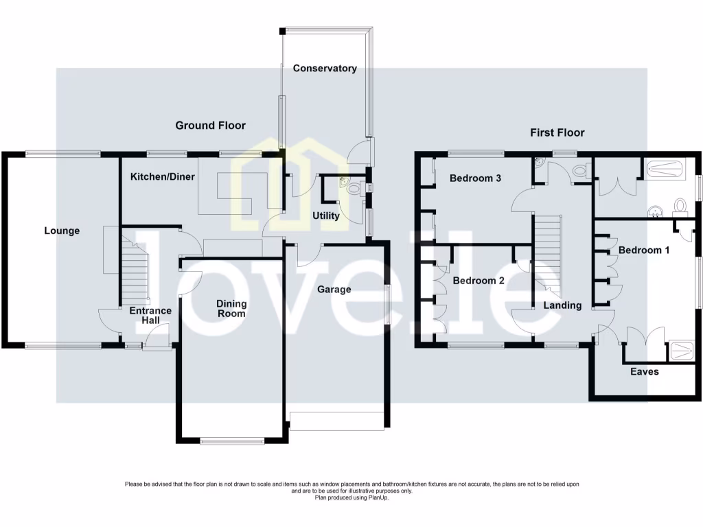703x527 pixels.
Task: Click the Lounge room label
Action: (x=62, y=231)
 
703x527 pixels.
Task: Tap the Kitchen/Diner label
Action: (x=163, y=176)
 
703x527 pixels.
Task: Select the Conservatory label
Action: (x=325, y=68)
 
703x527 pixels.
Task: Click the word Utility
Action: (x=325, y=215)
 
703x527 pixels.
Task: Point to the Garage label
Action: (x=334, y=289)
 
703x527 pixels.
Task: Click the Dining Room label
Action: (x=231, y=308)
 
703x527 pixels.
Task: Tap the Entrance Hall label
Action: (x=150, y=315)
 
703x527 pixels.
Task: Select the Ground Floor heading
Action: (x=210, y=125)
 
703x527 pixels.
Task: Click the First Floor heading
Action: (x=557, y=132)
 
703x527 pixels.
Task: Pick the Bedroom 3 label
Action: (x=475, y=178)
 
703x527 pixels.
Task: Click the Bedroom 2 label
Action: (x=479, y=281)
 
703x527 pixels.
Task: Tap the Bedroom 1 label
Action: (x=643, y=250)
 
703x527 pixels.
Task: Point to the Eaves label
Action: (x=645, y=371)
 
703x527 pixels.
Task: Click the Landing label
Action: (x=562, y=305)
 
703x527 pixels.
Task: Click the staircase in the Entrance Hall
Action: (x=135, y=268)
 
